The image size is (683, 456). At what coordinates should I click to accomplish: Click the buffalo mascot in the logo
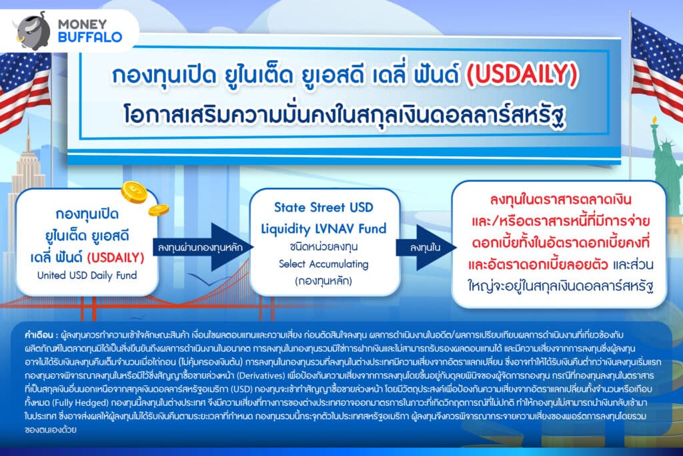click(x=33, y=31)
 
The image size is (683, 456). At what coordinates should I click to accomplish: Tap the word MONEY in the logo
click(x=82, y=24)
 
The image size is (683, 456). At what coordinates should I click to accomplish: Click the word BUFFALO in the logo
click(x=90, y=37)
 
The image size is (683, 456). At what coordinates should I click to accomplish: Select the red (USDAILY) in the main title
click(x=522, y=75)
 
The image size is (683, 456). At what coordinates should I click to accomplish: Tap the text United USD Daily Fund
click(x=87, y=275)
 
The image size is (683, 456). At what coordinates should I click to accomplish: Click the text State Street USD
click(x=323, y=207)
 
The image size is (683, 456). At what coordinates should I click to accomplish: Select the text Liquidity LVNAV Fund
click(x=323, y=228)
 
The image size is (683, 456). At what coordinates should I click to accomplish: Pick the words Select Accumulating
click(x=323, y=264)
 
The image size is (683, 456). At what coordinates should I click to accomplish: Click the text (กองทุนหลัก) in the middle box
click(x=323, y=281)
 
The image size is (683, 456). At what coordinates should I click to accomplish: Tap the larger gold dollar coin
click(x=134, y=192)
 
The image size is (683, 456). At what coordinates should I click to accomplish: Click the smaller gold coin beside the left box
click(x=159, y=210)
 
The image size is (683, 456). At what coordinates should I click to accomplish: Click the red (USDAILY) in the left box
click(x=115, y=257)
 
